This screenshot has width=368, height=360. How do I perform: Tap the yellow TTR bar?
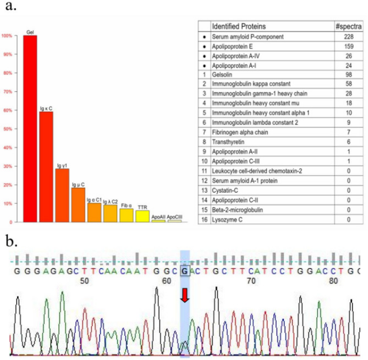pyautogui.click(x=142, y=216)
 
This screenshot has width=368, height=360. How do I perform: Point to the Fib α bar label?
pyautogui.click(x=126, y=206)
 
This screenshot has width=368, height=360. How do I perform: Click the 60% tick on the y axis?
pyautogui.click(x=7, y=110)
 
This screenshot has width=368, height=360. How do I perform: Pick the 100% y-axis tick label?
pyautogui.click(x=6, y=36)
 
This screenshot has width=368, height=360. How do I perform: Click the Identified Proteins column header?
pyautogui.click(x=238, y=27)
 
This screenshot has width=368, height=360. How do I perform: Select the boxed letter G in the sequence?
pyautogui.click(x=185, y=270)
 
